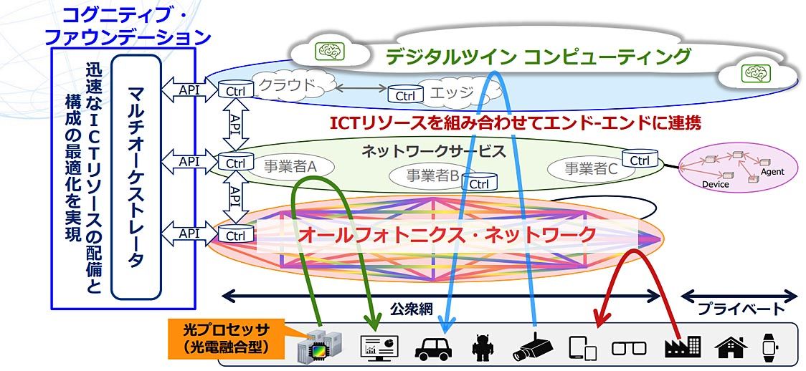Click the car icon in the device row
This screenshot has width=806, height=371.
(434, 347)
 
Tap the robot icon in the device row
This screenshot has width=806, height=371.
(484, 348)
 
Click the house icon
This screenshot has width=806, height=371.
(731, 347)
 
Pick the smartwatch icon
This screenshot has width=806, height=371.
(769, 347)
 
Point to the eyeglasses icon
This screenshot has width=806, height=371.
(629, 348)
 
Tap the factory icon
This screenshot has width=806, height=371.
(681, 347)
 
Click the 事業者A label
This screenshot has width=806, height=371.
(290, 167)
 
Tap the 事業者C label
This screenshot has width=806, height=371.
(590, 169)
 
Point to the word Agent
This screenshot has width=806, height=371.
(772, 172)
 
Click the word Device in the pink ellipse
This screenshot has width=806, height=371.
(715, 184)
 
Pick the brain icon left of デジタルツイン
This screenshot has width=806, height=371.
(331, 51)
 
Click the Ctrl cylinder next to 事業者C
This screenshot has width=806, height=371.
(640, 158)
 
